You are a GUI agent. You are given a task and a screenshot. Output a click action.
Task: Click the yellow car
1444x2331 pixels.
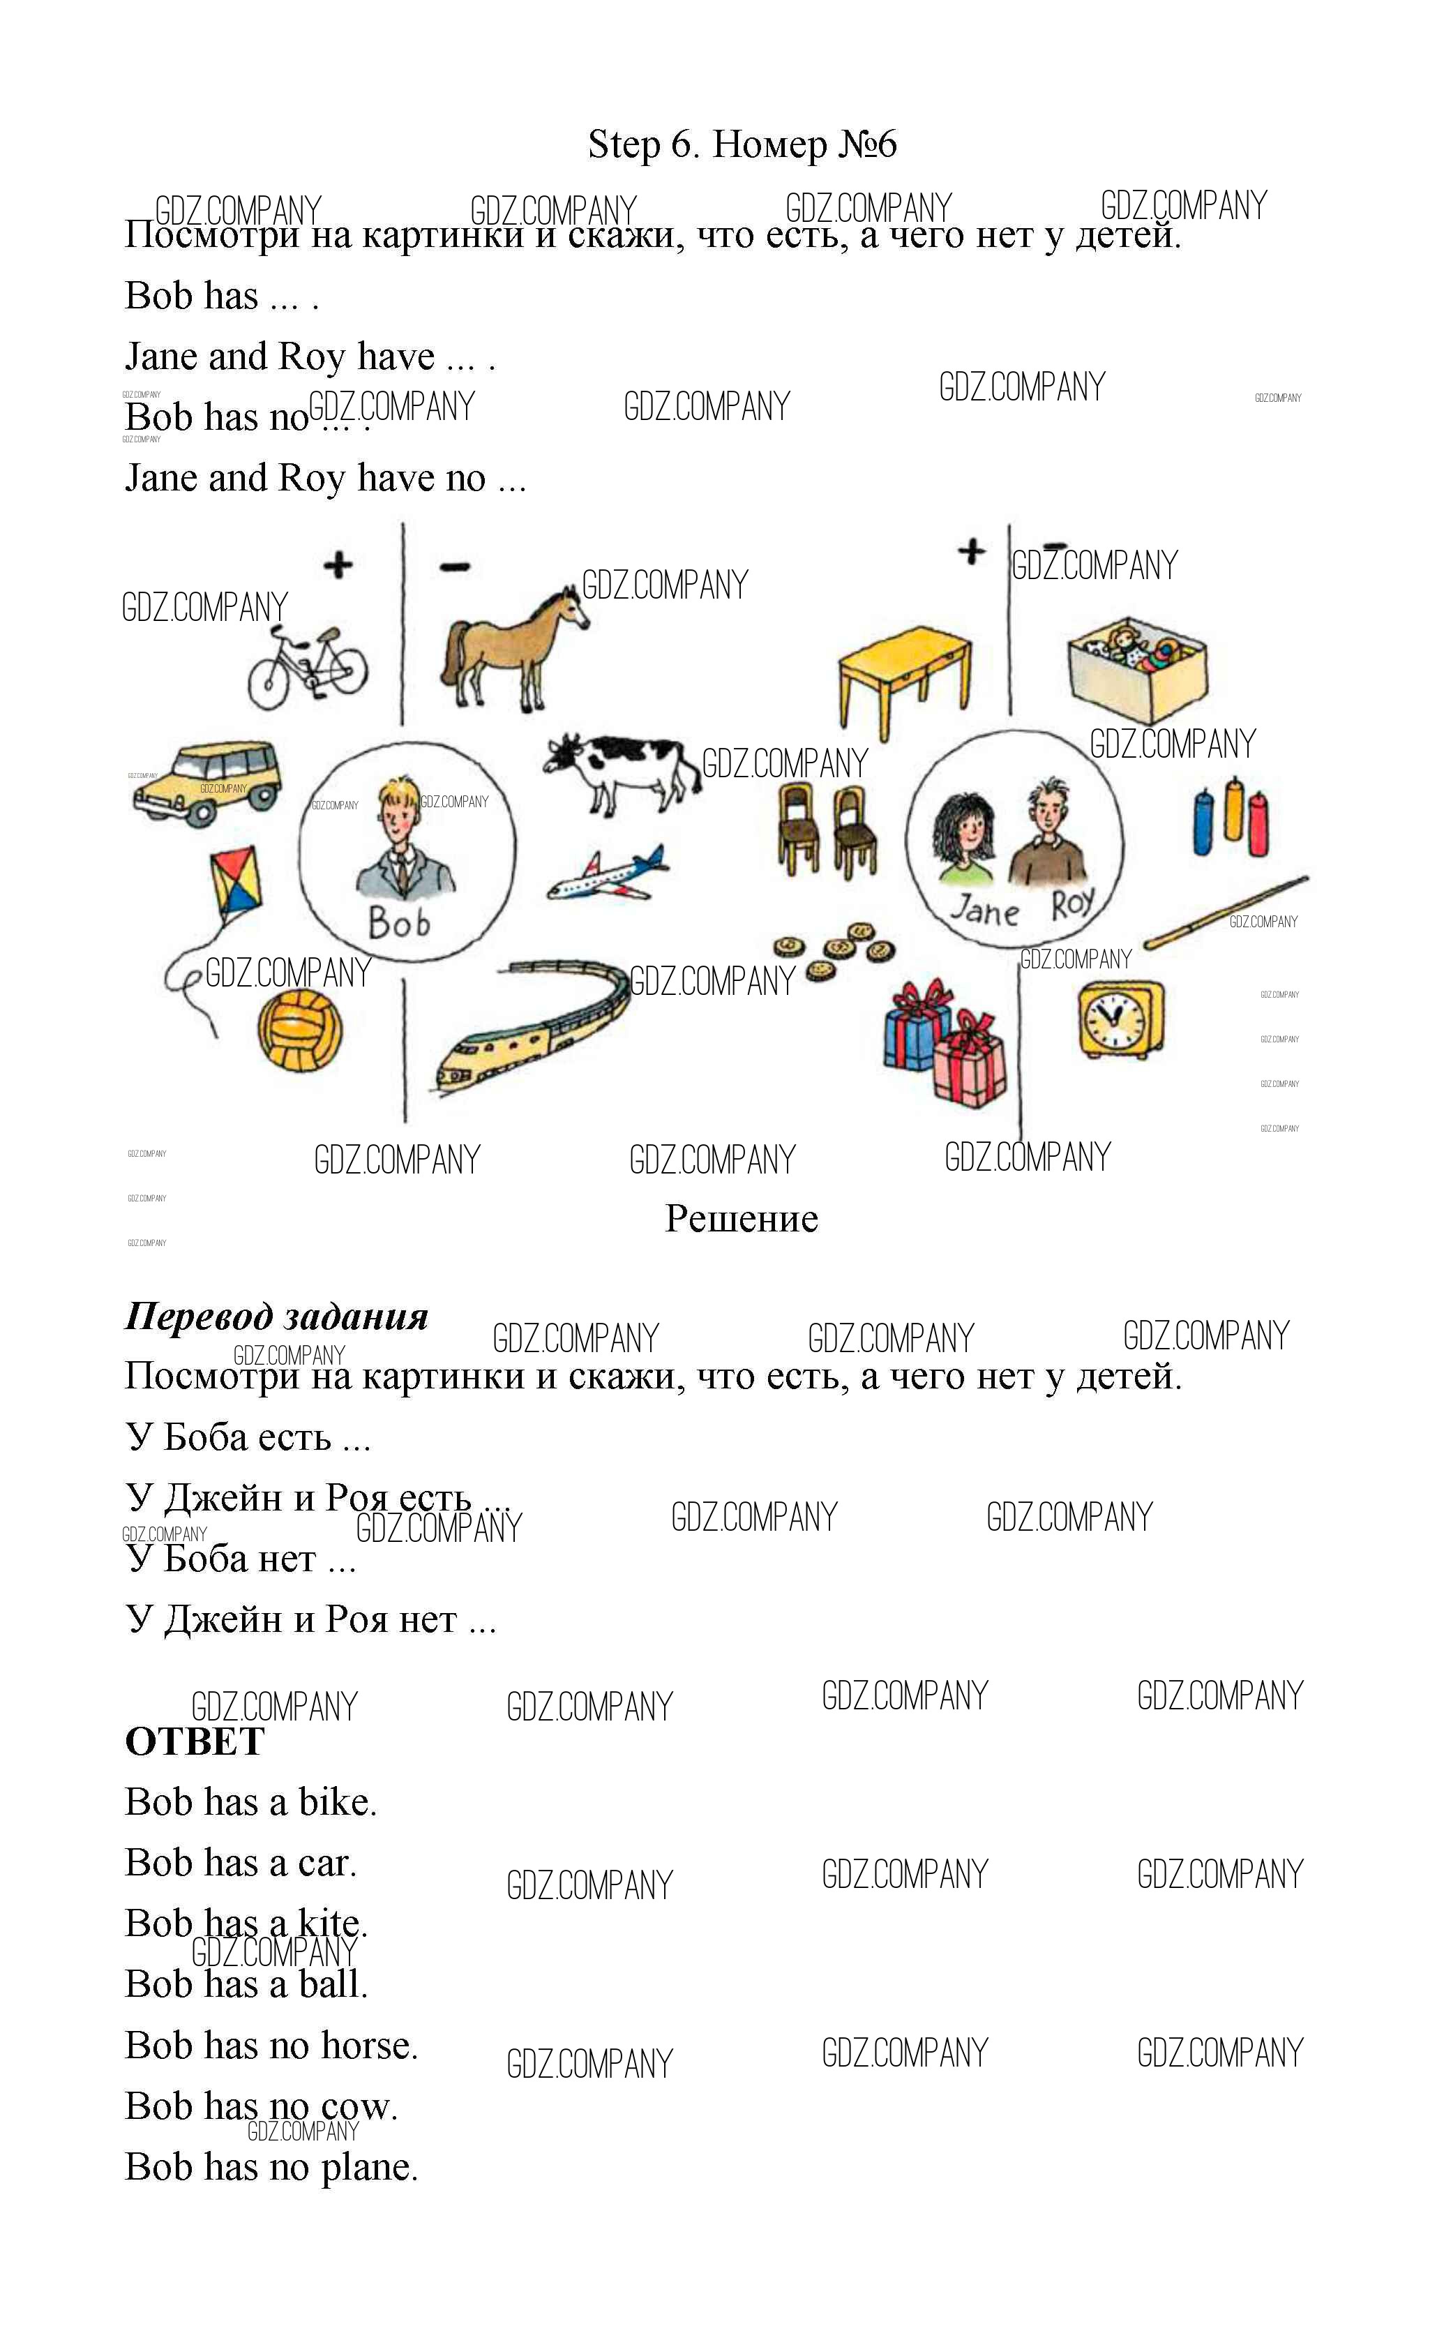(207, 781)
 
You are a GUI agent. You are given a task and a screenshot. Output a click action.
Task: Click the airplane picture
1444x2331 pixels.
(608, 874)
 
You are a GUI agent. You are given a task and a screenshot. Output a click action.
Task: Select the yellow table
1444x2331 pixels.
(904, 680)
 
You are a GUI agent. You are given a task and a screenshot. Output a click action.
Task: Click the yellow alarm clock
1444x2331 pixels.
(1121, 1019)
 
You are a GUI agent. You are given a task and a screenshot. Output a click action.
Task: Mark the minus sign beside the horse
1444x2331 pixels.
(455, 567)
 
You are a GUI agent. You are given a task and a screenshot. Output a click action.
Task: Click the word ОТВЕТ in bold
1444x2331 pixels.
(195, 1741)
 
